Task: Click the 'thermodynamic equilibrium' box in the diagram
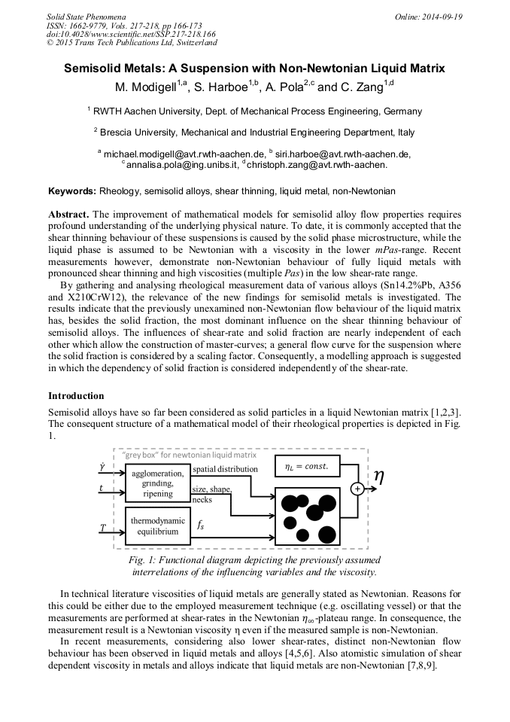157,526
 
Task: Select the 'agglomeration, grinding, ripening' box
157,483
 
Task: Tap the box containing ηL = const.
306,466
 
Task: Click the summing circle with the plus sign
358,488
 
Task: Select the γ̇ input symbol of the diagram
102,468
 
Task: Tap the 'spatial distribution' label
225,469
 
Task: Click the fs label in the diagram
201,526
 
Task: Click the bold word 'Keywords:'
72,192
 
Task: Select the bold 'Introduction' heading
76,395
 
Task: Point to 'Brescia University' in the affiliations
137,132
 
